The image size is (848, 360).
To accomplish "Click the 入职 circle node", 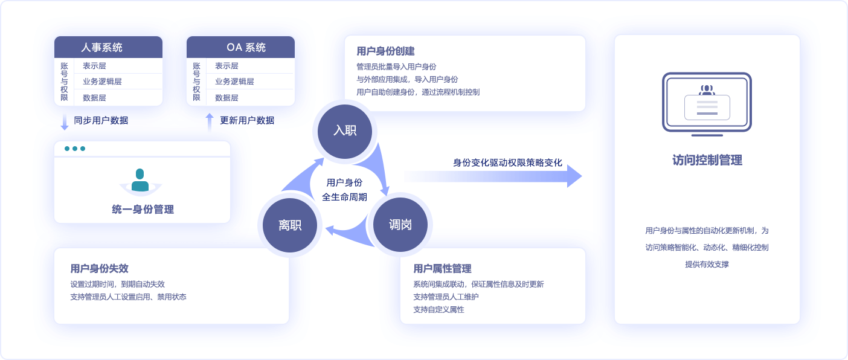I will coord(344,130).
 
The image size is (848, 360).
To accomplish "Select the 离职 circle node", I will coord(289,225).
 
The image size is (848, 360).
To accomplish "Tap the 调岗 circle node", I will coord(400,225).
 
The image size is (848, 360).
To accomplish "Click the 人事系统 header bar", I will coord(108,47).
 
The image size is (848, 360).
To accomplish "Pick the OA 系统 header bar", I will coord(240,47).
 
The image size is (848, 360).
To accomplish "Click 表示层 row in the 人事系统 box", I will coord(95,66).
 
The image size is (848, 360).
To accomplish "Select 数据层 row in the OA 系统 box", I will coord(226,97).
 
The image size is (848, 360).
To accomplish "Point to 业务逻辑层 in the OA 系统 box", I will coord(234,82).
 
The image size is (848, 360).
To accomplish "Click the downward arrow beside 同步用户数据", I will coord(65,121).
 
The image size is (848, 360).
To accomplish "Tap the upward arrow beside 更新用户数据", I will coord(210,121).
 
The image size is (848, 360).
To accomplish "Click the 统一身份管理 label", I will coord(143,210).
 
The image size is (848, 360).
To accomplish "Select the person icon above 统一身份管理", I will coord(140,181).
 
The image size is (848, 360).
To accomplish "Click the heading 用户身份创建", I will coord(385,51).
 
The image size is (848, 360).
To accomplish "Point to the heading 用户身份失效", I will coord(99,268).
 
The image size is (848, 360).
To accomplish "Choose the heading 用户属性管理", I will coord(442,268).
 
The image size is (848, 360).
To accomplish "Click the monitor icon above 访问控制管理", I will coord(707,103).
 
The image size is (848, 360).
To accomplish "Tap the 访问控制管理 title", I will coord(707,160).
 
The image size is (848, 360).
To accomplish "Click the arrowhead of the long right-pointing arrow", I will coord(574,176).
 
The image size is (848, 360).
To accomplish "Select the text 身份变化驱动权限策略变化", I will coord(507,162).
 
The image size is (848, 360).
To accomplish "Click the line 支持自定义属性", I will coord(438,309).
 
